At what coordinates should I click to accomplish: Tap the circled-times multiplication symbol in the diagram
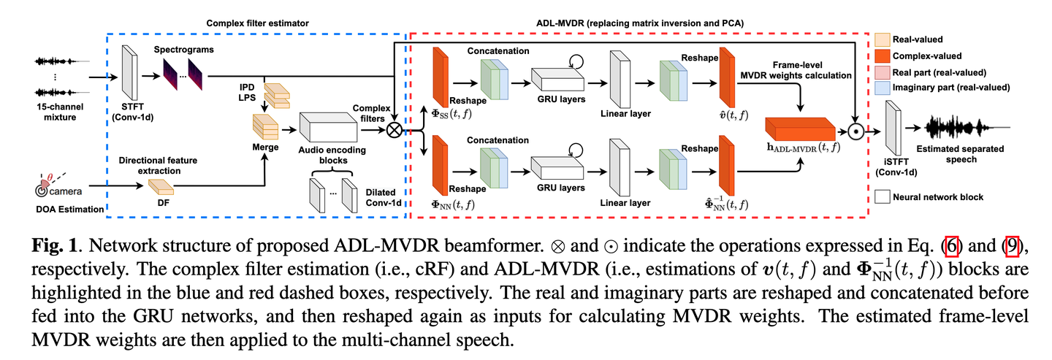tap(395, 130)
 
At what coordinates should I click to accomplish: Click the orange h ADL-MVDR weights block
tap(801, 129)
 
